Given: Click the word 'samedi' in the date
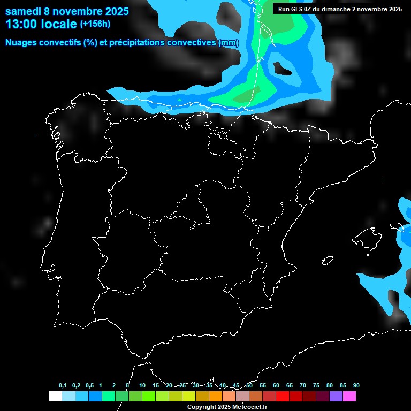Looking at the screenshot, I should (23, 11).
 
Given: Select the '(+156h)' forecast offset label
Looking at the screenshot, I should (95, 24).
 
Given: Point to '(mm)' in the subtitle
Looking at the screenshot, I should (229, 43).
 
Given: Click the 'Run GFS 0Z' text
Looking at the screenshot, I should (296, 9).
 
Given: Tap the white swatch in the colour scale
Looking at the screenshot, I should (55, 397).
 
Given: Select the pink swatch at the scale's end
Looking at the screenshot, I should (349, 397).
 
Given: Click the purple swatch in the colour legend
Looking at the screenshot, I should (336, 397).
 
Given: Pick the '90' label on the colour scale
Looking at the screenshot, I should (356, 386).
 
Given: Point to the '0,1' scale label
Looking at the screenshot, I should (63, 386).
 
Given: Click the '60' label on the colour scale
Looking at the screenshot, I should (276, 386).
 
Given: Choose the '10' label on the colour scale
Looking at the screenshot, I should (142, 386).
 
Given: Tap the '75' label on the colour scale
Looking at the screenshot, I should (316, 386).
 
